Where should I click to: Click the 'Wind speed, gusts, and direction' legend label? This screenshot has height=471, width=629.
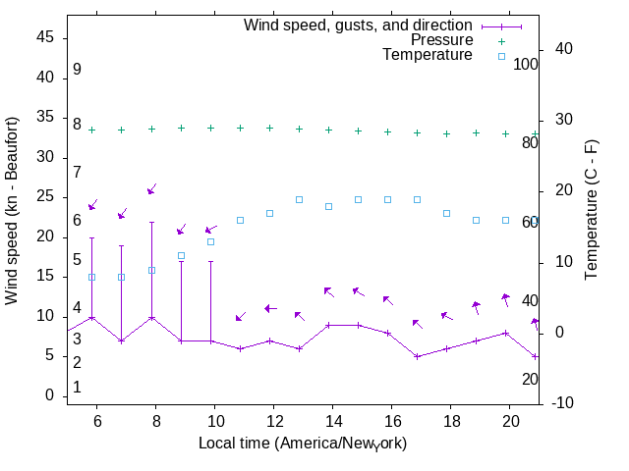[358, 25]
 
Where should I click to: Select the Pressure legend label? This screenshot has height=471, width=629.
[441, 40]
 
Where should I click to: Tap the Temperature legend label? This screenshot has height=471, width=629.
[428, 56]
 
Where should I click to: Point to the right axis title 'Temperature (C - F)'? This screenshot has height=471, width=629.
[593, 208]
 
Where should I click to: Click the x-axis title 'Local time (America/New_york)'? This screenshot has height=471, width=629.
[303, 444]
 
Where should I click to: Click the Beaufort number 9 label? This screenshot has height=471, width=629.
[77, 70]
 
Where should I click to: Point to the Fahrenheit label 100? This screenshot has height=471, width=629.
[526, 64]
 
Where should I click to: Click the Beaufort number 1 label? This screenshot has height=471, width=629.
[77, 388]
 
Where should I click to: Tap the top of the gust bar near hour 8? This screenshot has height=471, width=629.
[151, 222]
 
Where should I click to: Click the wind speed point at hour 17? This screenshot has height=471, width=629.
[417, 356]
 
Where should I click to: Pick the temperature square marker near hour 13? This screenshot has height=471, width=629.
[299, 199]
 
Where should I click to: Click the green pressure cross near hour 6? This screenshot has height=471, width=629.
[92, 130]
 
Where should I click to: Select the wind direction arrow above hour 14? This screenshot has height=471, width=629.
[329, 291]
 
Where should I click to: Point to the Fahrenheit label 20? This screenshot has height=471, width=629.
[530, 379]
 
